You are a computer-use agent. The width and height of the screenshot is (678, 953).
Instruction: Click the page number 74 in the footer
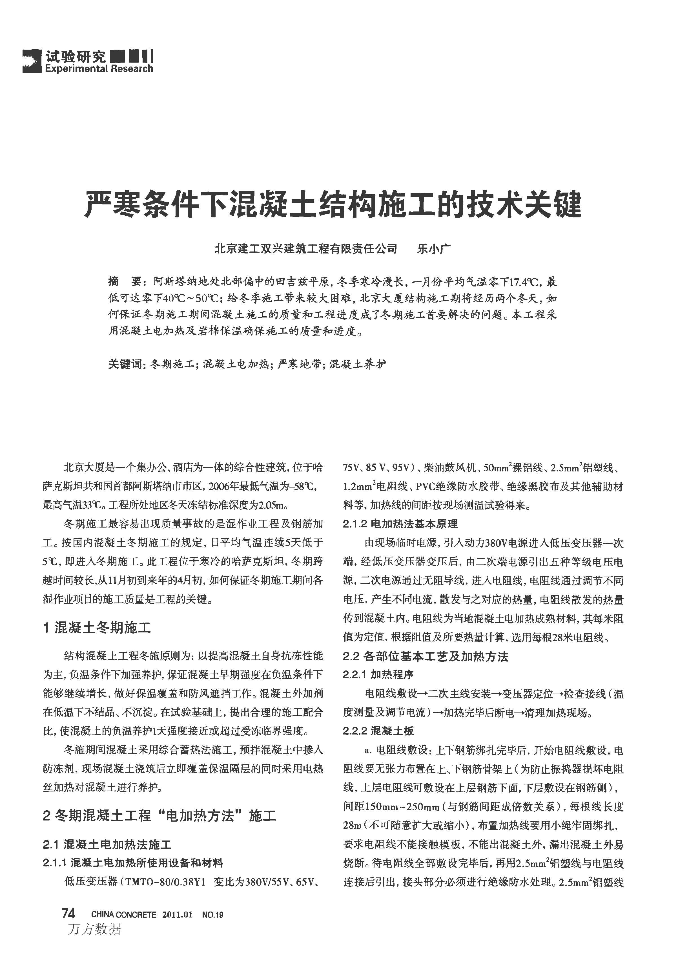tap(68, 914)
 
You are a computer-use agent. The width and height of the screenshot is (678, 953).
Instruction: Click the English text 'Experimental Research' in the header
tap(99, 69)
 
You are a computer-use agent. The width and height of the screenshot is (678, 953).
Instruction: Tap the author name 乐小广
tap(434, 249)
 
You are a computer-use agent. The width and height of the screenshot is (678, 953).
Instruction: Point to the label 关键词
tap(126, 365)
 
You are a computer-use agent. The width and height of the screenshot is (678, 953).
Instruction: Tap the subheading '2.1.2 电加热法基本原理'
tap(400, 524)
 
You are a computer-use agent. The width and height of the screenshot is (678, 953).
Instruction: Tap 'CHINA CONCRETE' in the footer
tap(124, 915)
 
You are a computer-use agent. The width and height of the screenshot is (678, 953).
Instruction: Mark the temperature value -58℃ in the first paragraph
tap(308, 487)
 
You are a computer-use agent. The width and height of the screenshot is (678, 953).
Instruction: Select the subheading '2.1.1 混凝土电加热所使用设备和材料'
tap(133, 863)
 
